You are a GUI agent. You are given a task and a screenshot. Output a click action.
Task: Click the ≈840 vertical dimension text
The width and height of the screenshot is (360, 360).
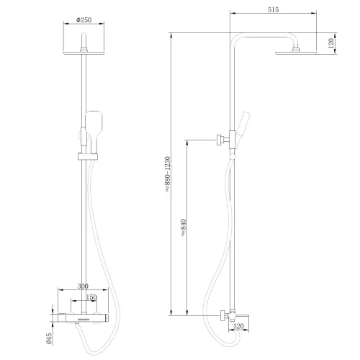pyautogui.click(x=184, y=228)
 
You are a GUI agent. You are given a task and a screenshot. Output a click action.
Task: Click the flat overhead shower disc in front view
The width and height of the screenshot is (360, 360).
pyautogui.click(x=85, y=52)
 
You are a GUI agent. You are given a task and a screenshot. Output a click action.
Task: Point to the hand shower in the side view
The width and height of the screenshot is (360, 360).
pyautogui.click(x=246, y=130)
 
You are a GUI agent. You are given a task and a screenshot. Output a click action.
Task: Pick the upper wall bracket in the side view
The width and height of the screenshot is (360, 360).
pyautogui.click(x=224, y=138)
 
